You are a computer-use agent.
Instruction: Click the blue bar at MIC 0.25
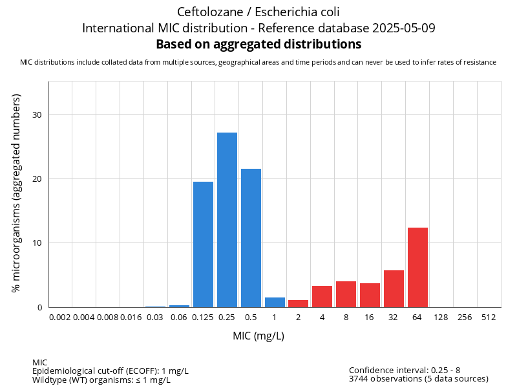[227, 220]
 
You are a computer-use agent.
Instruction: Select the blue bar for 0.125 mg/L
[203, 244]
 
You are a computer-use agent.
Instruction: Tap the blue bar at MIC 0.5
[251, 238]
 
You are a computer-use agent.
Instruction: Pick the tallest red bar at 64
[417, 267]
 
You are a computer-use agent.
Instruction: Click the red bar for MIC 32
[394, 288]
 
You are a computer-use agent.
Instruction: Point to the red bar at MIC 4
[322, 296]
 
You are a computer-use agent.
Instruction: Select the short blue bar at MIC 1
[275, 302]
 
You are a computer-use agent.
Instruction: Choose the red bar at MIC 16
[370, 295]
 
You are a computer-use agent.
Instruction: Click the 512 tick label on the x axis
[489, 318]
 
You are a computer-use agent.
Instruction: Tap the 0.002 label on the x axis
[60, 318]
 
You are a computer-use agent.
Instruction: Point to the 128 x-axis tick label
[441, 318]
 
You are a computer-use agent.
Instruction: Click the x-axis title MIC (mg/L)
[258, 336]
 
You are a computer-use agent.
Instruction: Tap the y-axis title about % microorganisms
[17, 193]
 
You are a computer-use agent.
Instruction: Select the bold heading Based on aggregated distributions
[258, 45]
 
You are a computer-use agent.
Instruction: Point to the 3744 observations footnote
[418, 379]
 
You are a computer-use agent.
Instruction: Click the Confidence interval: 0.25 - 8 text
[405, 370]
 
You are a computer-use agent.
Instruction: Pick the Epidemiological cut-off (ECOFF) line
[111, 371]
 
